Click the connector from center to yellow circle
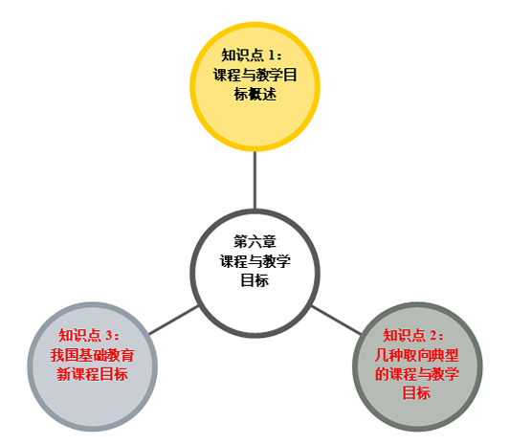coord(255,180)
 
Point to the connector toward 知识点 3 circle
coord(173,321)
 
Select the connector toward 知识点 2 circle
coord(336,321)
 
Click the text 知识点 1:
coord(252,55)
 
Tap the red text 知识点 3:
coord(89,335)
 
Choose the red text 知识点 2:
coord(413,335)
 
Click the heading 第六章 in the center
coord(255,242)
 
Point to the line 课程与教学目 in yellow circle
coord(255,75)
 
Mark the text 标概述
coord(255,95)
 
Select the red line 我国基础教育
coord(93,355)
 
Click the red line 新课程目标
coord(93,374)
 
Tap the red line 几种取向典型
coord(417,355)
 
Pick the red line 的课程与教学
coord(417,374)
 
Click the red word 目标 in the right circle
coord(416,393)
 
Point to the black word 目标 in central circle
coord(255,280)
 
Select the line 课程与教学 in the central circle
coord(255,261)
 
